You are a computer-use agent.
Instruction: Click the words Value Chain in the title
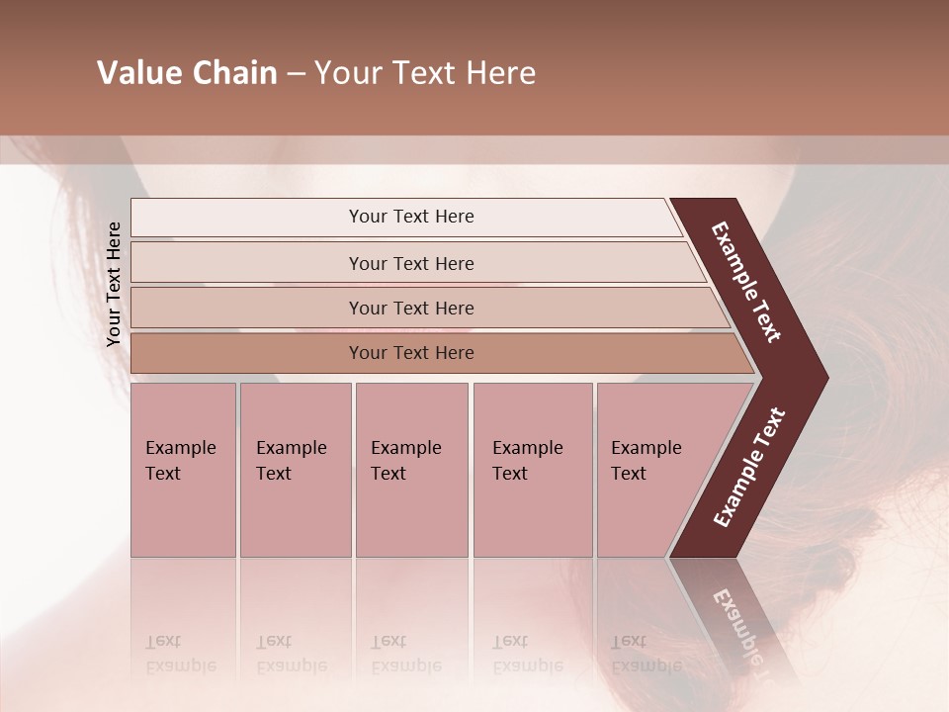click(187, 73)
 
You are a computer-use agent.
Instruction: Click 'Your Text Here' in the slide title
click(425, 73)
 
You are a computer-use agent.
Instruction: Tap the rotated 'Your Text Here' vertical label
click(114, 284)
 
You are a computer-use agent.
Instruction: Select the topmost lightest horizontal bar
click(410, 217)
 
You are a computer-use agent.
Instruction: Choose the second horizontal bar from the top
click(410, 263)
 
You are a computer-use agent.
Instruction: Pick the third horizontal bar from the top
click(410, 308)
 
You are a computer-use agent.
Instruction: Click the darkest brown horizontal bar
click(410, 353)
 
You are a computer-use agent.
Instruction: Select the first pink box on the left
click(183, 470)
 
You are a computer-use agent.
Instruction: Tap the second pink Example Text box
click(295, 470)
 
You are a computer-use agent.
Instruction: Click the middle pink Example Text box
click(411, 470)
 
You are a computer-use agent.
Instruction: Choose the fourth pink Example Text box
click(533, 470)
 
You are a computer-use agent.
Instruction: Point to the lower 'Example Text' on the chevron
click(749, 467)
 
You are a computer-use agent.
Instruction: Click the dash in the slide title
click(295, 73)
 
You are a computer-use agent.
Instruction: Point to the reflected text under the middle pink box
click(405, 654)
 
